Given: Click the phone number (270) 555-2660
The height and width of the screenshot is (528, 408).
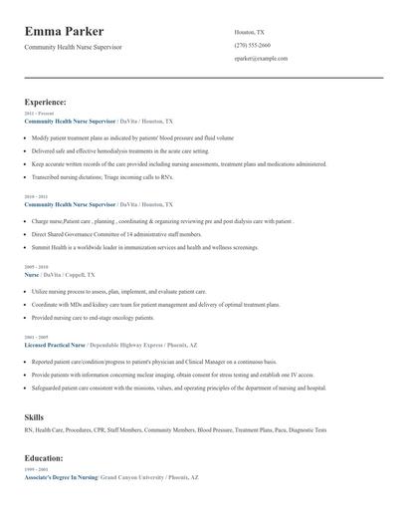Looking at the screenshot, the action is click(x=252, y=45).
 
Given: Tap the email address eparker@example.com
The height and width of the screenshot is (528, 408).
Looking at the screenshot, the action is click(x=261, y=59).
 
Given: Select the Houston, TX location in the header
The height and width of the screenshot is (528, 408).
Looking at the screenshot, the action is click(x=249, y=32).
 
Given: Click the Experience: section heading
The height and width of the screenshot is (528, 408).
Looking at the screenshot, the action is click(x=46, y=102).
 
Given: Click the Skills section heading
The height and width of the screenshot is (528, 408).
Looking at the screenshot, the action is click(x=34, y=416).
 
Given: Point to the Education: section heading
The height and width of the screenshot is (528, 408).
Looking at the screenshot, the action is click(x=44, y=457).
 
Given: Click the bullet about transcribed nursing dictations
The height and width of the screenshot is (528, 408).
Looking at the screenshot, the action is click(x=102, y=176).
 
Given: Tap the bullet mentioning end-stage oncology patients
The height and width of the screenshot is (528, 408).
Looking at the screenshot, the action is click(x=93, y=317).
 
